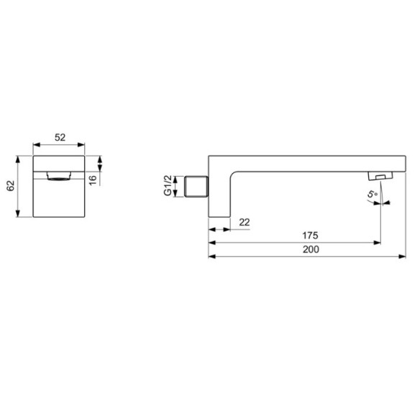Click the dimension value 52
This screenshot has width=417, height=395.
(x=60, y=137)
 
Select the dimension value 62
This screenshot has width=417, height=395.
(x=10, y=186)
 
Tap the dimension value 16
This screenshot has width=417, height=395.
(x=93, y=180)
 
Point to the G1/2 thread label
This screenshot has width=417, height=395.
(x=168, y=185)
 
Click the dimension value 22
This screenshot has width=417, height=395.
(x=244, y=222)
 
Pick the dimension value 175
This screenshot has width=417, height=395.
(x=310, y=236)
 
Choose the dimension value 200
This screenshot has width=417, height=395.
(x=311, y=249)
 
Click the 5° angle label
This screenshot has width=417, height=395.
(x=372, y=194)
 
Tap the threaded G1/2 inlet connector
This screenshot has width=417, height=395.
(x=196, y=187)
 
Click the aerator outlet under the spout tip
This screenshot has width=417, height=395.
(x=380, y=176)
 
